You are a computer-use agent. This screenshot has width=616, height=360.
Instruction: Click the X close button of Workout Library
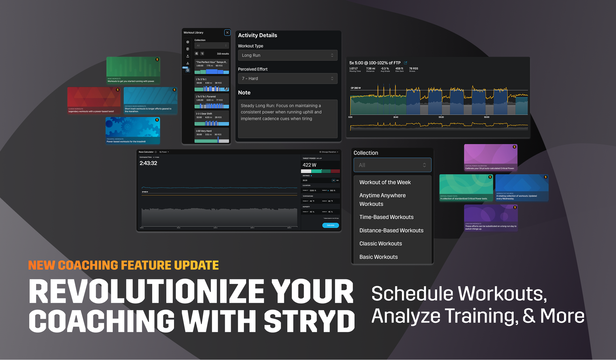227,33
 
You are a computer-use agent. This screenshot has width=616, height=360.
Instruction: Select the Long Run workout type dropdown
287,55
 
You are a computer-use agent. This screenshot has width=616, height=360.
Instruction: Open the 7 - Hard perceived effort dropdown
287,79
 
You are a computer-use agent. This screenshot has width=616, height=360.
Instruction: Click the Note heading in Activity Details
244,93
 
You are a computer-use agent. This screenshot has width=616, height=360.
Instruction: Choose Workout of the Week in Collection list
385,182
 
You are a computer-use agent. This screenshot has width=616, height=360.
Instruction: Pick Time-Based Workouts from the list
386,217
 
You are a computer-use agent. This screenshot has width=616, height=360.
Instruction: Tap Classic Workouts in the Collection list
380,244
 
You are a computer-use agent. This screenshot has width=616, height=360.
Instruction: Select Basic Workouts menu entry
379,257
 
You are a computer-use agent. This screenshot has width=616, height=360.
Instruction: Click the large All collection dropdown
392,165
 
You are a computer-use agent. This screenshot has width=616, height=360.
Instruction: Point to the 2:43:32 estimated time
148,163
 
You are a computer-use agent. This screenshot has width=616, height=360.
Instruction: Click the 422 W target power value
309,165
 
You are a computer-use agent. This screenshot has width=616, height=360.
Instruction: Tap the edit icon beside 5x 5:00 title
406,63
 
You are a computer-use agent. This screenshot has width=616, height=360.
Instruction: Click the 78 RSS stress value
413,69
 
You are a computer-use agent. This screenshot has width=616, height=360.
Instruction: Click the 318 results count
223,54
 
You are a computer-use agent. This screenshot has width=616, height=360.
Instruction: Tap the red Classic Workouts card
94,100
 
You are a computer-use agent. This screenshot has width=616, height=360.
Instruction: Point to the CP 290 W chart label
356,88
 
